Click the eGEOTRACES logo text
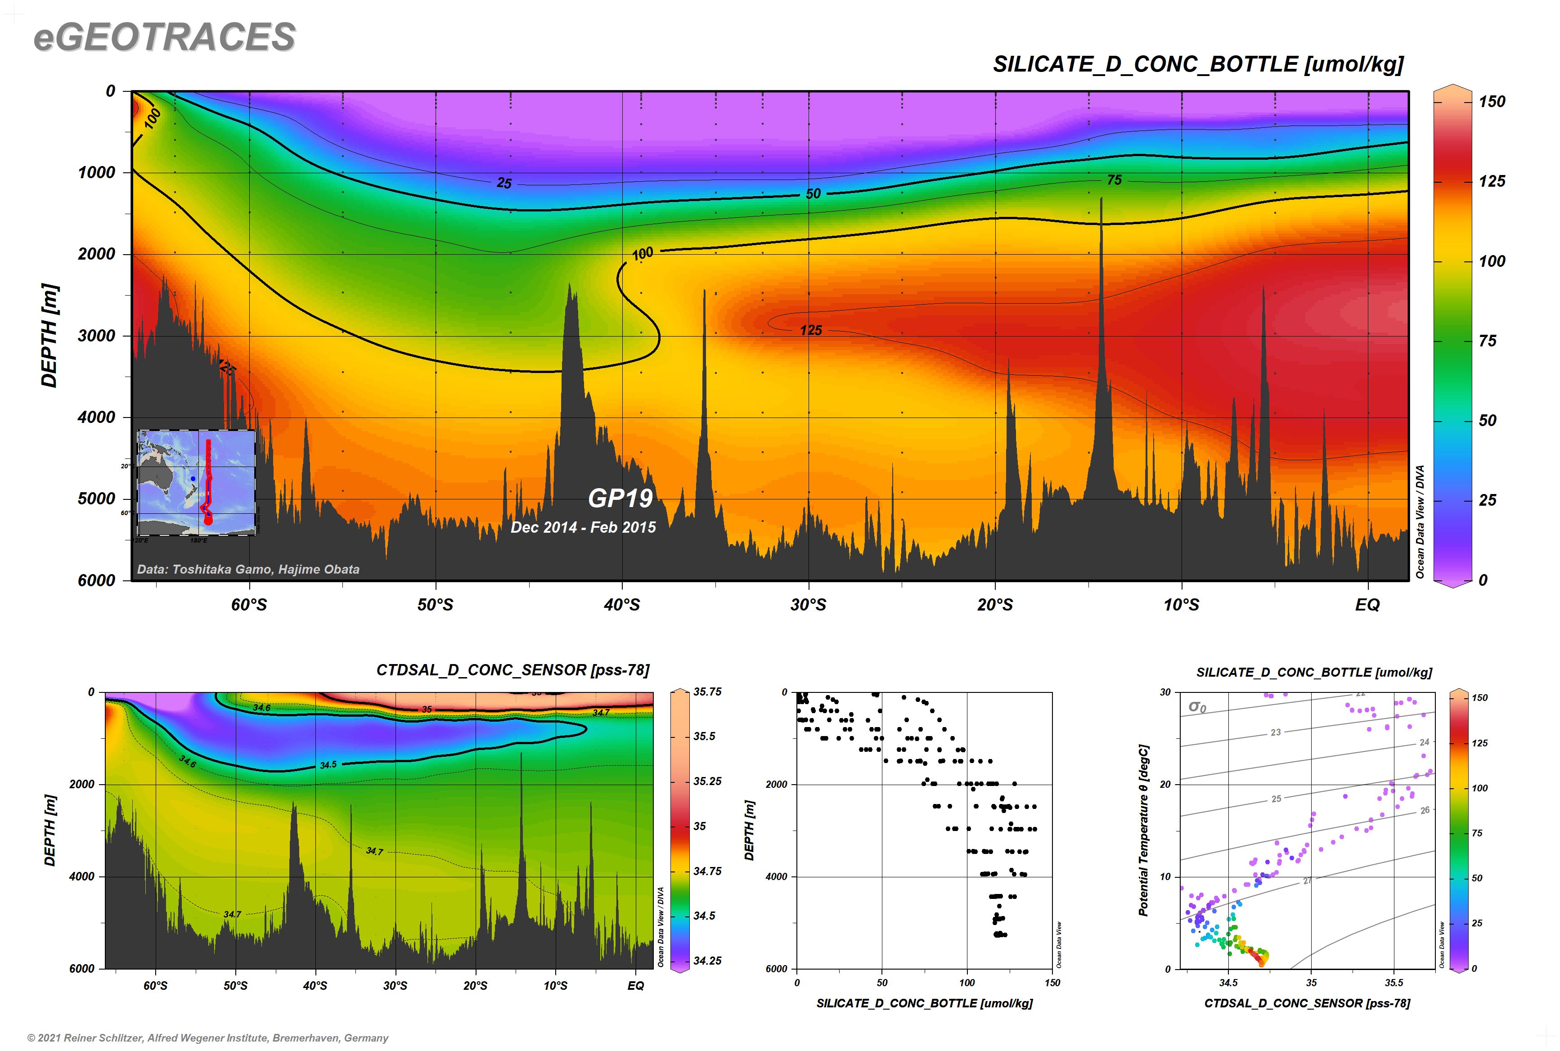coord(164,37)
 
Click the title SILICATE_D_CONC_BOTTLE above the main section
coord(1197,64)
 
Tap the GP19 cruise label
coord(620,498)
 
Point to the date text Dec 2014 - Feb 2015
coord(583,527)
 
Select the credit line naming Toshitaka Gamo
coord(248,569)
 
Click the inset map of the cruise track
coord(196,483)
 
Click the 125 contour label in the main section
coord(810,330)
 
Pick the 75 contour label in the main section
coord(1114,180)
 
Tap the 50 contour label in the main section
coord(813,194)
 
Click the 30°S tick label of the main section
coord(809,605)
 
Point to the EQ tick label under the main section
coord(1367,605)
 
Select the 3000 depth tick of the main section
coord(97,336)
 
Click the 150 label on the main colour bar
coord(1493,102)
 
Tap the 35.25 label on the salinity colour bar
coord(707,782)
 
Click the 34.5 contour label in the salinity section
coord(328,765)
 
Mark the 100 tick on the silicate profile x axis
coord(967,983)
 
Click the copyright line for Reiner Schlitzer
coord(208,1038)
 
